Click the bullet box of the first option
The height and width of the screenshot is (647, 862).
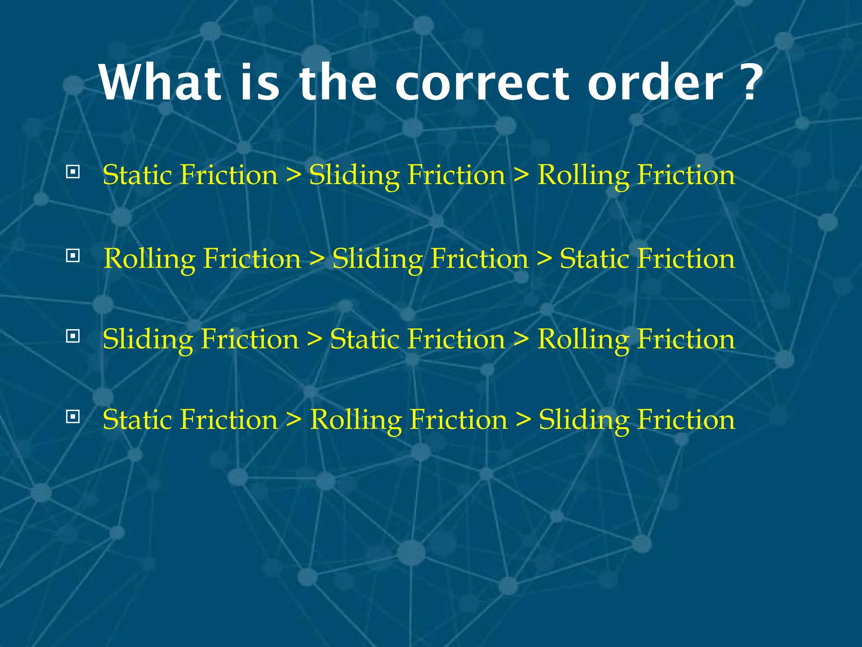[73, 172]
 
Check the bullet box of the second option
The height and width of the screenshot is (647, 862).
[73, 255]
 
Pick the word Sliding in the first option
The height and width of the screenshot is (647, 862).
[354, 175]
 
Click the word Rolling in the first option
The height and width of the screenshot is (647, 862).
[583, 175]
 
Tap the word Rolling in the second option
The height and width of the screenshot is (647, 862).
[149, 258]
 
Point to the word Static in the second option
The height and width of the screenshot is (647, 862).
[594, 258]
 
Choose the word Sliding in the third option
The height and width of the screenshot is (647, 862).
[148, 339]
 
